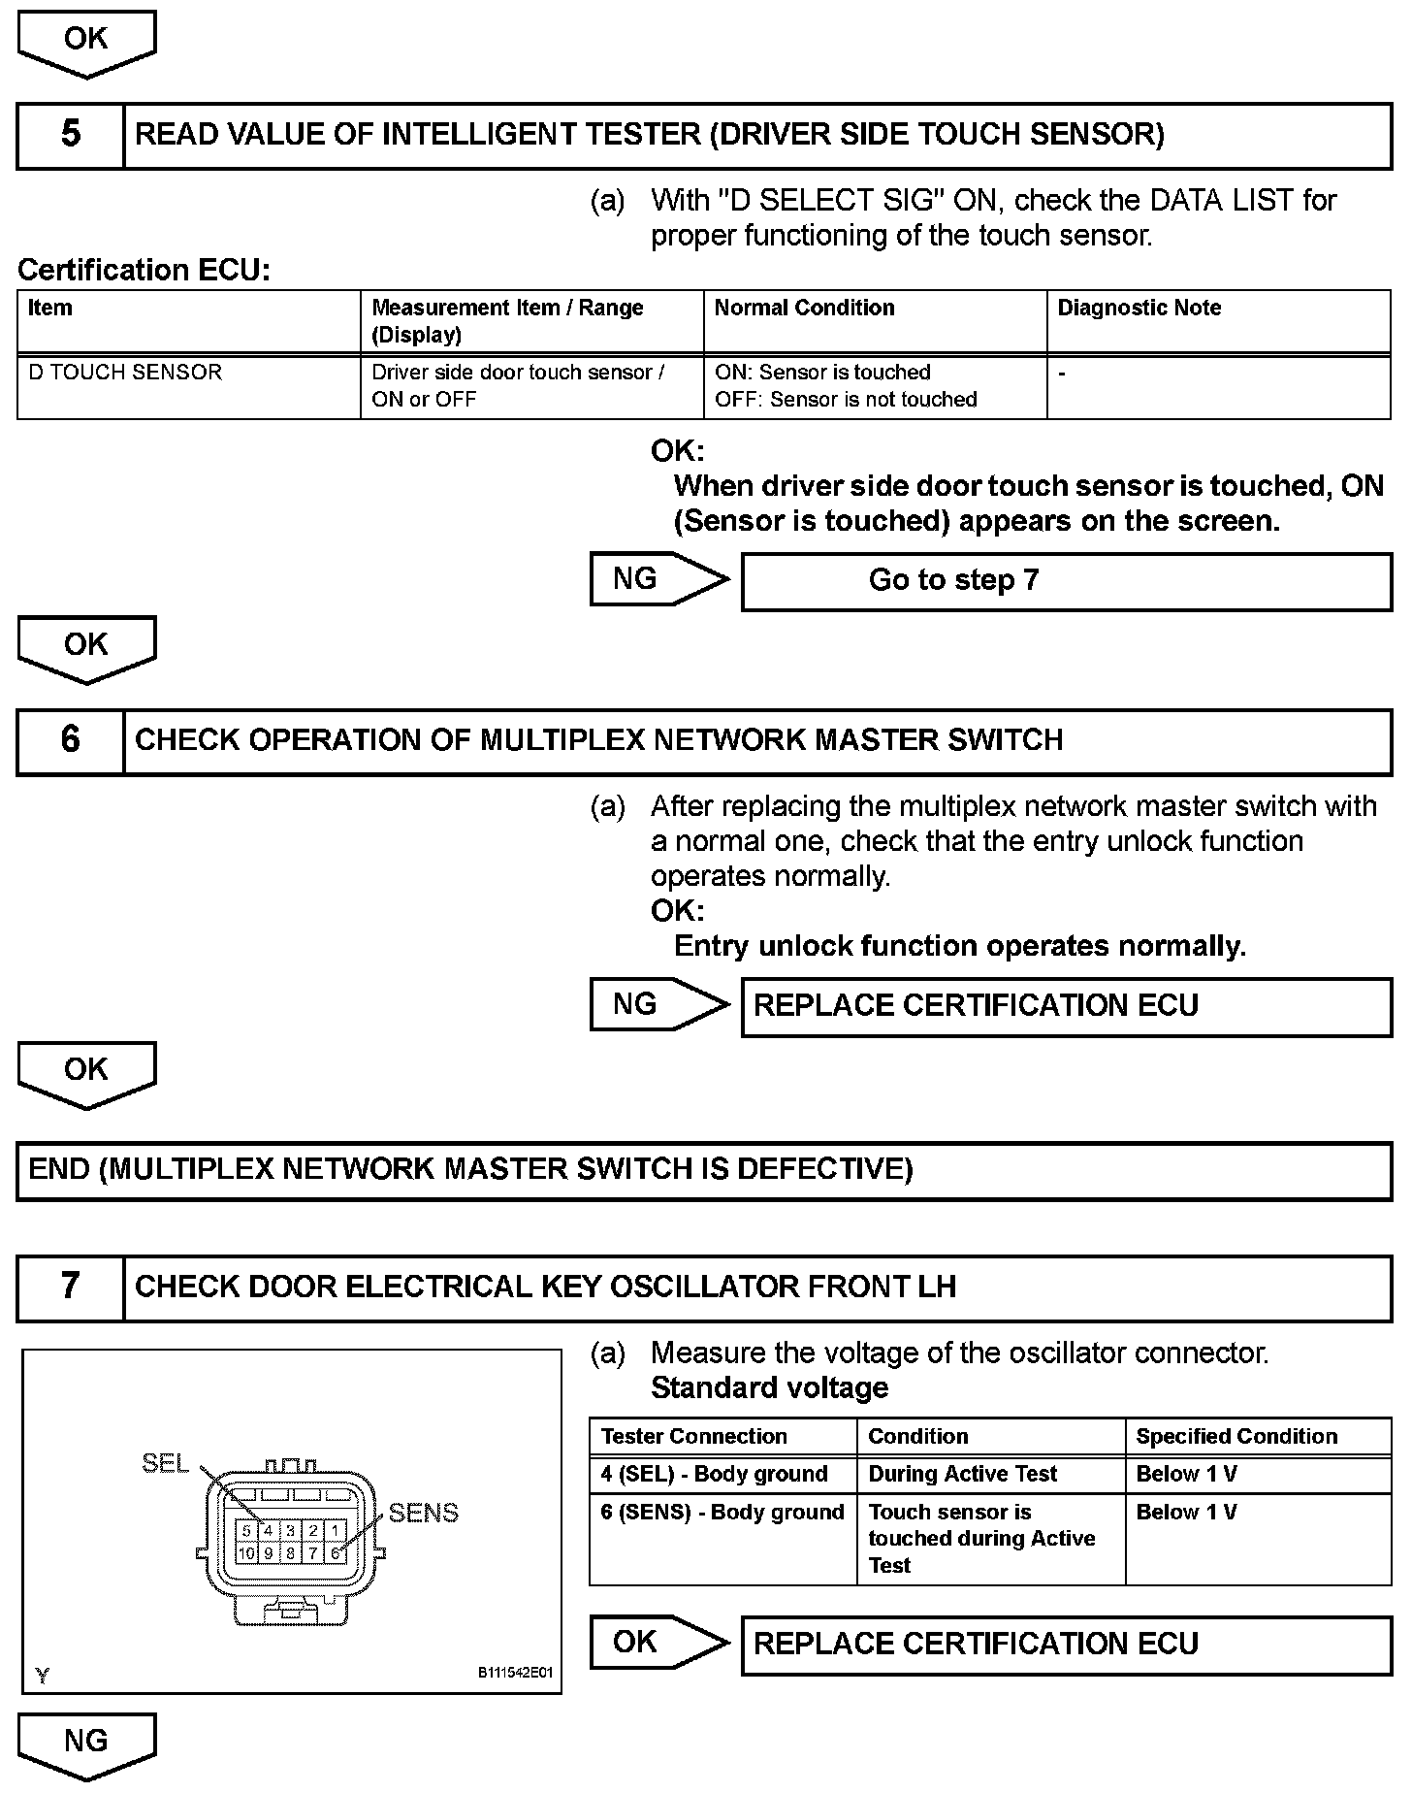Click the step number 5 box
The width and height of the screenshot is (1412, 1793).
click(x=71, y=135)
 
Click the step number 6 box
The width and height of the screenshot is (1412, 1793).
click(x=71, y=741)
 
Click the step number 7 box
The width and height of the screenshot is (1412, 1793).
click(x=71, y=1288)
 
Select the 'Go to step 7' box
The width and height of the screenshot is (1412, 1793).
click(x=1066, y=581)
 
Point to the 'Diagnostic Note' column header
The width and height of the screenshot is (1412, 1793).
click(x=1139, y=309)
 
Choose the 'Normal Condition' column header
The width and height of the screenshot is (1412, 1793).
click(x=804, y=309)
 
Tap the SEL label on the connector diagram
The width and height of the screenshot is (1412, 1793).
click(x=165, y=1462)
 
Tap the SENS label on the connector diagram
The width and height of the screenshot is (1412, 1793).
click(x=423, y=1513)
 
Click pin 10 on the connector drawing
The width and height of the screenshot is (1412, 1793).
click(x=246, y=1553)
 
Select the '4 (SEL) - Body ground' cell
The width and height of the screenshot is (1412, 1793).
click(x=714, y=1475)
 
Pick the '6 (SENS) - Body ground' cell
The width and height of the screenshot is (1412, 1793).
click(x=722, y=1513)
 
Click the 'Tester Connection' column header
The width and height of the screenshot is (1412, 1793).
click(x=693, y=1437)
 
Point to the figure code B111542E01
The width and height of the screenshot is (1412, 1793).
click(x=514, y=1674)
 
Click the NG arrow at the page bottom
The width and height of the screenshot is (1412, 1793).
click(x=86, y=1744)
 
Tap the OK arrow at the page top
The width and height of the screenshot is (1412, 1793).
click(x=86, y=42)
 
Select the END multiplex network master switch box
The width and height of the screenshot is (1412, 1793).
click(x=704, y=1170)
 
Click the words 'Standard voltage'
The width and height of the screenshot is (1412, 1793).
click(x=769, y=1388)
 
